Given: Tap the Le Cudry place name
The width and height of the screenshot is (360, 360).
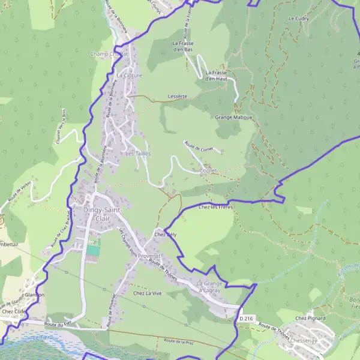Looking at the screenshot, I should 298,19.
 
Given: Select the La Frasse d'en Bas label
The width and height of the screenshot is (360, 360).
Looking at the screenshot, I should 185,46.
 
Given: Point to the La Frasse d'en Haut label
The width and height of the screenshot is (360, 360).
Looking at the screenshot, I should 216,75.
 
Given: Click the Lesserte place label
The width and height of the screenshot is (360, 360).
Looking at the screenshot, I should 178,96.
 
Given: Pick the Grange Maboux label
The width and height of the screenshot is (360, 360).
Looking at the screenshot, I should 233,117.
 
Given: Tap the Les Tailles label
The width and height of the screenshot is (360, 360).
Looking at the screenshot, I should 138,154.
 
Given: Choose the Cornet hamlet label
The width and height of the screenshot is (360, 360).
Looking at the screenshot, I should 208,170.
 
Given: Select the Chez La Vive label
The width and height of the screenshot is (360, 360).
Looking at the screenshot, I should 147,293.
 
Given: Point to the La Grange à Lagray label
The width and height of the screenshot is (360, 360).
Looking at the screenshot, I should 210,286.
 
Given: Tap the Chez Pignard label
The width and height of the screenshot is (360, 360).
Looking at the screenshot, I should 310,318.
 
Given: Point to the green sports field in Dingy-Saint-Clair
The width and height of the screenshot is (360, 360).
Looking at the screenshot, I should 92,249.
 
